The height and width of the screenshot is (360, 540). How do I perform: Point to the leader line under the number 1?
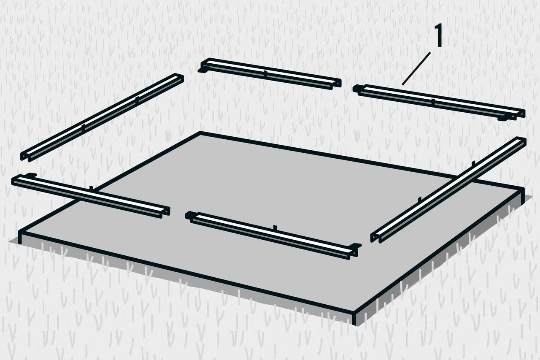tap(416, 69)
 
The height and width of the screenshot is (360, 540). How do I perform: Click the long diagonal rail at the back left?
tap(102, 117)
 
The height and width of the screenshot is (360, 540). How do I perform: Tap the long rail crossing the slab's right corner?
tap(448, 189)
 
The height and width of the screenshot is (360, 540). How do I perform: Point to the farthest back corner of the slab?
tap(200, 132)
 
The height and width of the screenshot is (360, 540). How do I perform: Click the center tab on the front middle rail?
tap(275, 227)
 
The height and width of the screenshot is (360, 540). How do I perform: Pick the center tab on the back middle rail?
tap(265, 74)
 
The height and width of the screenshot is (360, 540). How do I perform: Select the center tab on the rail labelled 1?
tap(433, 102)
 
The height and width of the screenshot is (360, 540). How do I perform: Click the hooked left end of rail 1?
tap(356, 89)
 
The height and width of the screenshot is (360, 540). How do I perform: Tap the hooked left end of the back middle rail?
tap(202, 69)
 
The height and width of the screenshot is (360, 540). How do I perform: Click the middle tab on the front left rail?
tap(91, 188)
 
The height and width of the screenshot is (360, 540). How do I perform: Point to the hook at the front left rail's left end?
tap(31, 175)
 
